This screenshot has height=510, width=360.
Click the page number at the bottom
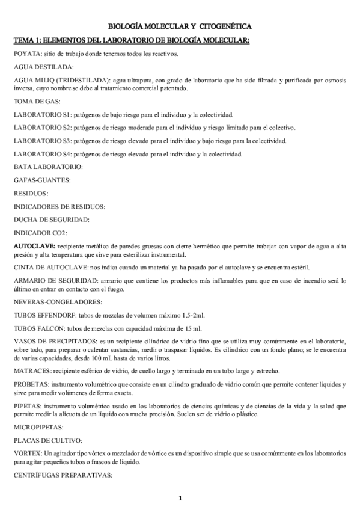(x=180, y=499)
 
